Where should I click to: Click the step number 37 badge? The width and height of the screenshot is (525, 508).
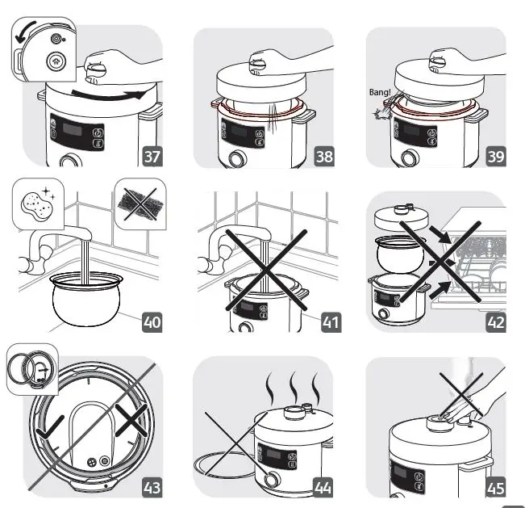pos(151,156)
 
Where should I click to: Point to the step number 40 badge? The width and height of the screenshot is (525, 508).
pos(152,322)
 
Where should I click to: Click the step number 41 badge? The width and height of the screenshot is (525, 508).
pos(330,322)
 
